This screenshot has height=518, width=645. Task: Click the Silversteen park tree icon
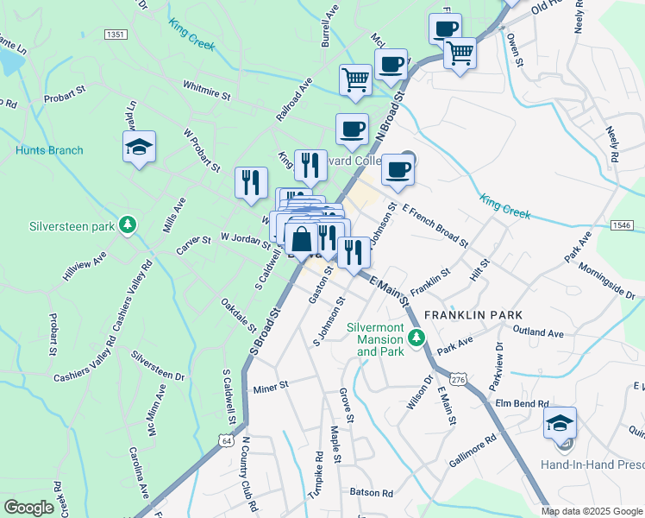click(128, 226)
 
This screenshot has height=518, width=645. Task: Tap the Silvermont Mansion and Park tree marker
click(417, 337)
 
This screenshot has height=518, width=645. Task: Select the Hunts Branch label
click(49, 150)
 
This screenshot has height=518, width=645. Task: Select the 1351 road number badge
click(115, 34)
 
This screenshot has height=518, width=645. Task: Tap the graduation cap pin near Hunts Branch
click(139, 147)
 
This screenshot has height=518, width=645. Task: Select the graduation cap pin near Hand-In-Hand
click(560, 422)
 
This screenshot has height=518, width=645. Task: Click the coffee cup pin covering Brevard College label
click(398, 168)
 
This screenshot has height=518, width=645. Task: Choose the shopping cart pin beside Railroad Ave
click(355, 79)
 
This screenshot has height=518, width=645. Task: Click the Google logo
click(28, 508)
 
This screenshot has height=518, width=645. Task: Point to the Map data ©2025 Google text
click(591, 511)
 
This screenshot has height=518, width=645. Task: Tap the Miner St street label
click(270, 388)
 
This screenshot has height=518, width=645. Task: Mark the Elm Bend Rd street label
click(522, 403)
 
